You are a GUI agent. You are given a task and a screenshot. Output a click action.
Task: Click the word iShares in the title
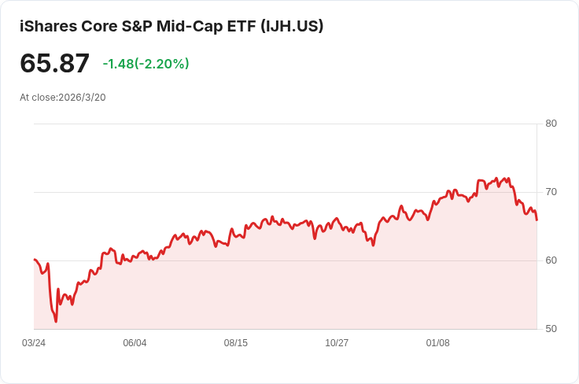[48, 26]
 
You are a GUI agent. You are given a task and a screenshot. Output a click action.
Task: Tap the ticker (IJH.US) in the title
[292, 26]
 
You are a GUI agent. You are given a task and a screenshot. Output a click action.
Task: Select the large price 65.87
[54, 63]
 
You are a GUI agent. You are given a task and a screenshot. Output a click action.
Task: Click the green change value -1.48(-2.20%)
[146, 64]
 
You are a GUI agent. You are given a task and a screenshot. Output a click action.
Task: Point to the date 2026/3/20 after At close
[82, 98]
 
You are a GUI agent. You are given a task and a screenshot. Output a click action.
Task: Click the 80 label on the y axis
[551, 124]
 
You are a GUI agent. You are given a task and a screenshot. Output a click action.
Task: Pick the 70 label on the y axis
[551, 192]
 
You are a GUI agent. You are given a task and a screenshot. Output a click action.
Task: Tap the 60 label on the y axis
[551, 260]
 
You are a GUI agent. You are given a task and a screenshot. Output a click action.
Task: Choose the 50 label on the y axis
[551, 329]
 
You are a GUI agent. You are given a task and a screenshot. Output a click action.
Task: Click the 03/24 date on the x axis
[34, 343]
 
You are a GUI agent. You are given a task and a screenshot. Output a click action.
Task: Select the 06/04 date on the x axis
[135, 343]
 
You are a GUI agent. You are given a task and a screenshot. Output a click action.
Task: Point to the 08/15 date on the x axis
[235, 343]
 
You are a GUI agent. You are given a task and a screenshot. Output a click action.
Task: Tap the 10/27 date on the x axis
[337, 343]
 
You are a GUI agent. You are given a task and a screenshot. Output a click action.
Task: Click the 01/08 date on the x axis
[438, 343]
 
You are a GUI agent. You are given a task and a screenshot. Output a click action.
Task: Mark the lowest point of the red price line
[56, 322]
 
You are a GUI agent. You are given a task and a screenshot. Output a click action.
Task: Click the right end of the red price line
[537, 220]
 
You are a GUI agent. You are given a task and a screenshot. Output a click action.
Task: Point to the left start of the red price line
[35, 259]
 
